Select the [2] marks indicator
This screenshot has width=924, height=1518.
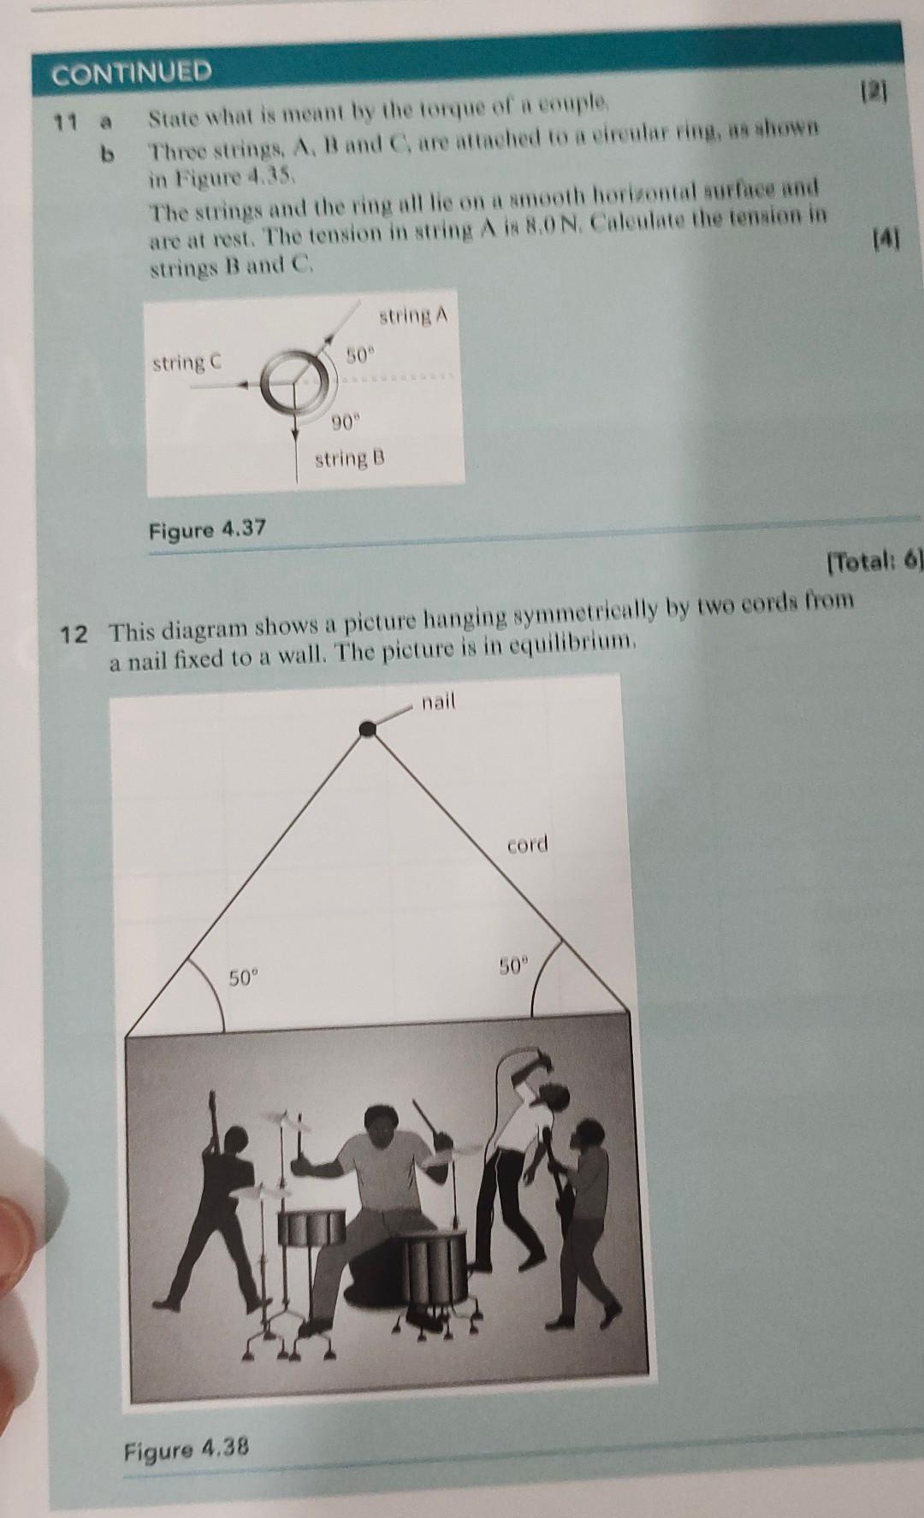click(875, 90)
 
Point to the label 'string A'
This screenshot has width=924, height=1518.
click(412, 316)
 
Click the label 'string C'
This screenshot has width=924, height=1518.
click(187, 363)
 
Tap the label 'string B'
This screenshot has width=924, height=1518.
click(349, 459)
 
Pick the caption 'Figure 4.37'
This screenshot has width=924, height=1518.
click(207, 529)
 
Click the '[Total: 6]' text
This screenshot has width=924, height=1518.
click(874, 562)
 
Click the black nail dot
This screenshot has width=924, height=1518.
click(367, 729)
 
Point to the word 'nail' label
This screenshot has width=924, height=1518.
click(438, 702)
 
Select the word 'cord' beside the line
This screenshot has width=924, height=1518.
click(526, 845)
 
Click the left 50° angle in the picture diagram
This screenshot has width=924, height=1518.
click(242, 976)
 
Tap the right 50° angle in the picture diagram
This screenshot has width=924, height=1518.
click(514, 967)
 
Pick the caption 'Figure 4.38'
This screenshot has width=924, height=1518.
click(186, 1448)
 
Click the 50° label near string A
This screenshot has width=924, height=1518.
click(360, 353)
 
